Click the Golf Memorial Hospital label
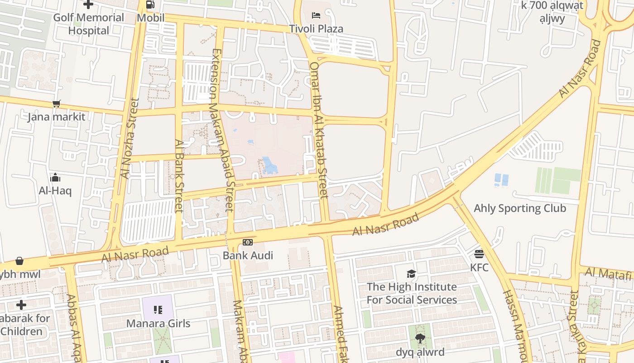[x=89, y=24]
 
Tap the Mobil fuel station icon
[x=150, y=5]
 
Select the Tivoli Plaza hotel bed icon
[x=316, y=15]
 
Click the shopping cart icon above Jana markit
[x=56, y=104]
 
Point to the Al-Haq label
[x=55, y=191]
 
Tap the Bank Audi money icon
[x=248, y=242]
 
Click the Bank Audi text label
[x=248, y=255]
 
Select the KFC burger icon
[x=479, y=254]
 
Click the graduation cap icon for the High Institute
[x=411, y=274]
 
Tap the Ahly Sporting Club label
[x=520, y=208]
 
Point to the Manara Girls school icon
[x=158, y=310]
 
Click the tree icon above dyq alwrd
[x=420, y=338]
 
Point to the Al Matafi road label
[x=608, y=274]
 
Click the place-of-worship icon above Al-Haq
[x=55, y=177]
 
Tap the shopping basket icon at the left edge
[x=19, y=261]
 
